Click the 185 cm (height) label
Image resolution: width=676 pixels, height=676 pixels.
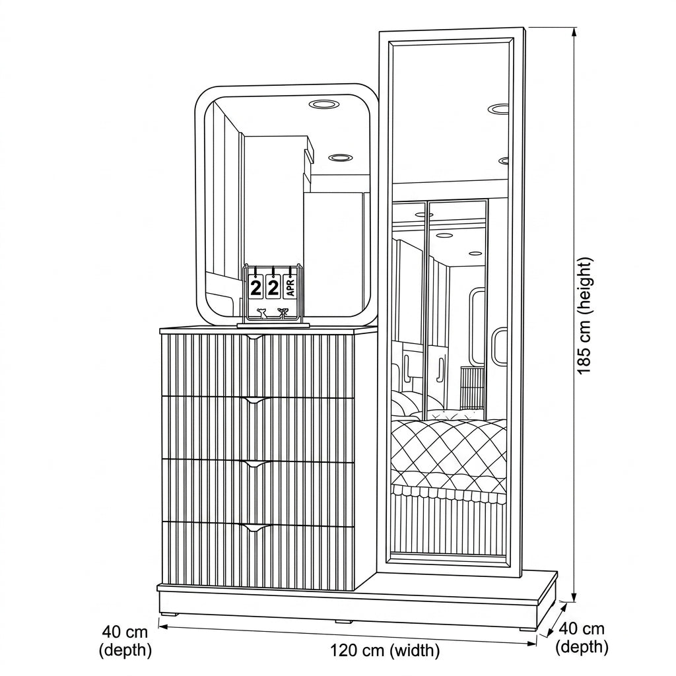click(586, 316)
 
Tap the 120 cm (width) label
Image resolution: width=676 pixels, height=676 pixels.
click(385, 650)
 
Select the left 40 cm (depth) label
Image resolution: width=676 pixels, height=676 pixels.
click(125, 640)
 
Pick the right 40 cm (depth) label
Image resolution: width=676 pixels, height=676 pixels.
click(582, 638)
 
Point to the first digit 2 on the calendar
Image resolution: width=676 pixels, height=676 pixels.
click(255, 288)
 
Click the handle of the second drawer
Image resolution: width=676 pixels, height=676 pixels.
click(257, 401)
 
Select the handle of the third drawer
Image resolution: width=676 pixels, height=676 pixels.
click(257, 464)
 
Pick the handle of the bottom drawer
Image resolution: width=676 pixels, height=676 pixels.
click(257, 527)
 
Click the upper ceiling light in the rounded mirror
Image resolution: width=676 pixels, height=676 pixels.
click(323, 104)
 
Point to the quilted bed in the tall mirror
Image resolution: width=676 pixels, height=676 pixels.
click(448, 457)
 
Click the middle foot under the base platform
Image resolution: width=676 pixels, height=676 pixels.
click(343, 621)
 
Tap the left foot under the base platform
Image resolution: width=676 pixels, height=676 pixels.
click(168, 613)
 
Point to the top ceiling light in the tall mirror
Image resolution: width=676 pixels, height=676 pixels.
click(498, 108)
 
